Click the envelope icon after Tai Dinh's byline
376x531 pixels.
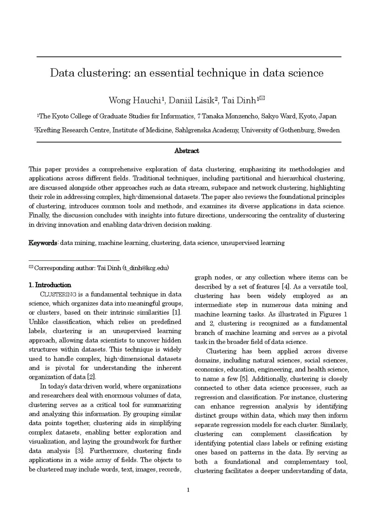[262, 98]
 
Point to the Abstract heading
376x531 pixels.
[187, 151]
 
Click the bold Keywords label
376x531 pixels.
[43, 243]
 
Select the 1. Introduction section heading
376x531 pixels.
[50, 285]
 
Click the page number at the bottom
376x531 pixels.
[188, 490]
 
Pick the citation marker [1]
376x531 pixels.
[177, 313]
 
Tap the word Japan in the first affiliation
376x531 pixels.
[327, 116]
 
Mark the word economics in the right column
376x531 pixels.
[209, 370]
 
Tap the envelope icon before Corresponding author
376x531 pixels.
[31, 267]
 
